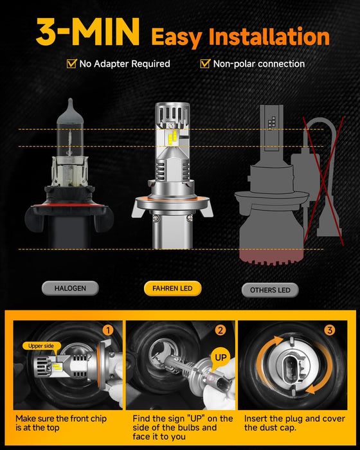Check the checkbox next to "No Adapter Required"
coord(71,64)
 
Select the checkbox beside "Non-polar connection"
coord(206,64)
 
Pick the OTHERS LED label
coord(270,290)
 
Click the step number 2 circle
coord(221,330)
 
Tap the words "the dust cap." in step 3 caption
coord(271,428)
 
